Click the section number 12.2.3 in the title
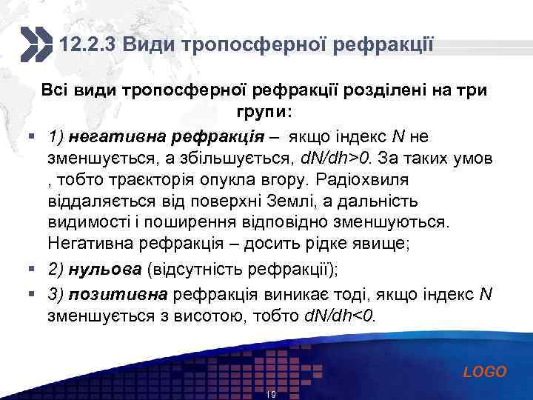pyautogui.click(x=88, y=45)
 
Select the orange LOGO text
pyautogui.click(x=485, y=372)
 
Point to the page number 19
pyautogui.click(x=271, y=395)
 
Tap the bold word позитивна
pyautogui.click(x=120, y=295)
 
